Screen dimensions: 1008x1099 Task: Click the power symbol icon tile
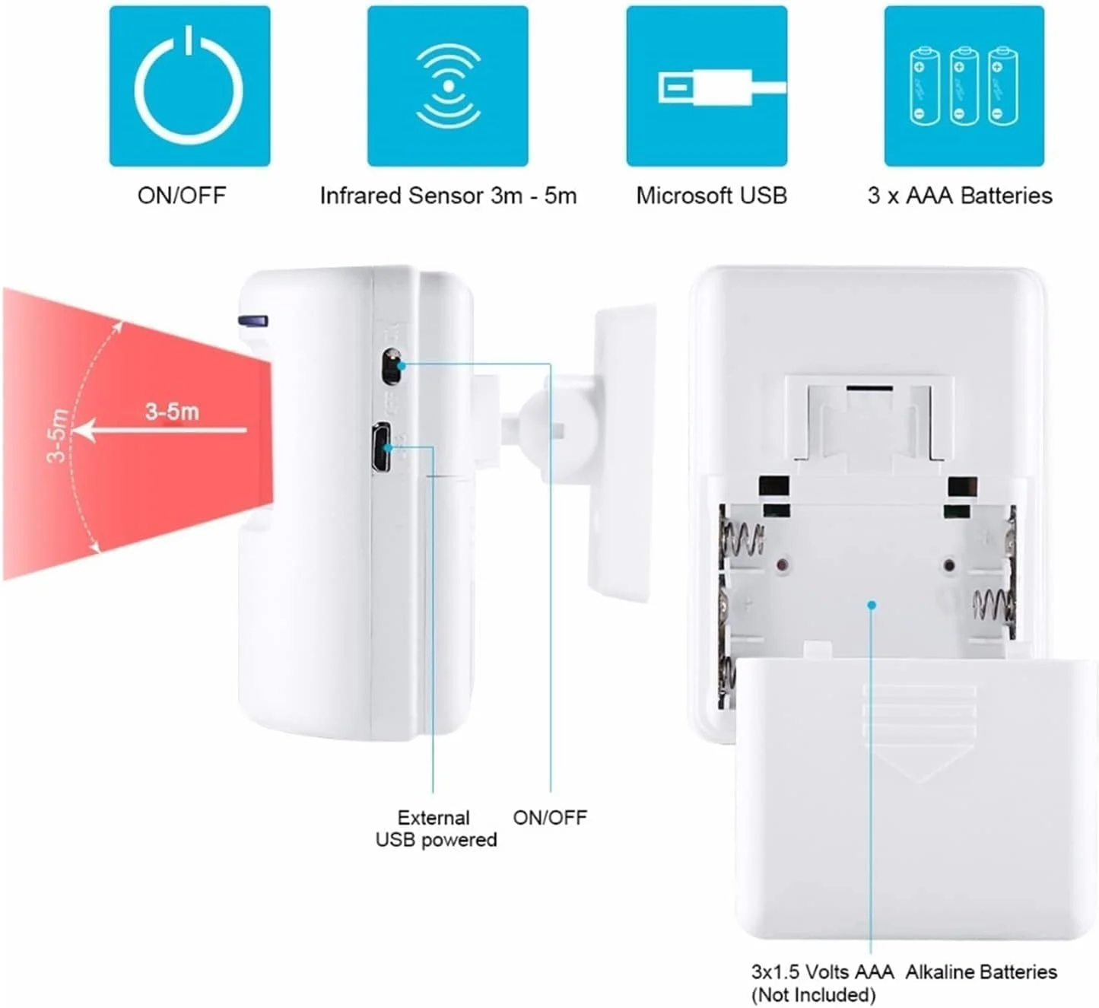189,86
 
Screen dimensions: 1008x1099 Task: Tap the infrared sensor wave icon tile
448,86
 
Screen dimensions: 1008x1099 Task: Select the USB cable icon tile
707,86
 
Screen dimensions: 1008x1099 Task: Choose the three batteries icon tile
964,86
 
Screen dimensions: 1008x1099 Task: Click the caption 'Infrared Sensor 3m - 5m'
448,196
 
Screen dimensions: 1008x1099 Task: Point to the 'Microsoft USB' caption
711,196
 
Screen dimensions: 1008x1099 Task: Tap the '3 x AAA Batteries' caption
960,196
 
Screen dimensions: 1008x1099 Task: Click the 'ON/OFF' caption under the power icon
182,196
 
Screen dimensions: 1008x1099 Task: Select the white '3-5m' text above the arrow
173,412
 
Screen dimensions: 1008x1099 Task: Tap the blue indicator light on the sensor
253,321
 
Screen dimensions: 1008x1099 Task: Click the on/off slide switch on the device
391,367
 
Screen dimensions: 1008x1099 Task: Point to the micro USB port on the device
381,448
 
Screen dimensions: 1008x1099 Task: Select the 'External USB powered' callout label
436,828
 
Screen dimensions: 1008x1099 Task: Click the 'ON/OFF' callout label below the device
550,818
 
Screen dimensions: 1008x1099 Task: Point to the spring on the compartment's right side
994,606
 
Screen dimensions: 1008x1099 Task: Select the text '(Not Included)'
813,995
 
